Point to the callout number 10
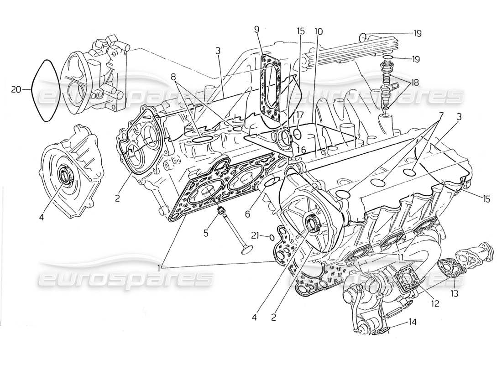pos(318,31)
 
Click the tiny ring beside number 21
pos(272,237)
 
